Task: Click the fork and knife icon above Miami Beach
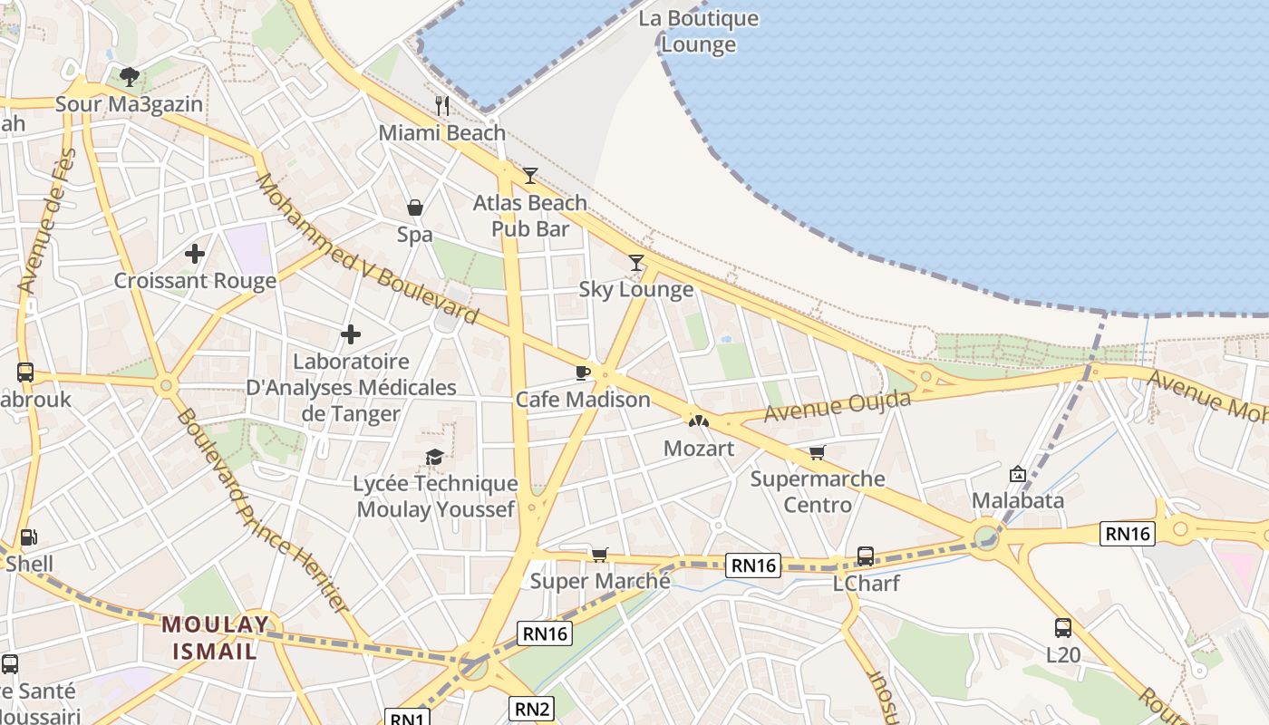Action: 442,105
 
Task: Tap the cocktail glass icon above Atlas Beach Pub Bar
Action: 530,175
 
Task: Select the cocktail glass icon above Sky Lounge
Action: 636,263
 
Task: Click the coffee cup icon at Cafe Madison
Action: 583,372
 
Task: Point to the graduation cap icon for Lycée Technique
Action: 435,457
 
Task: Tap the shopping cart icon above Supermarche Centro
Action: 818,452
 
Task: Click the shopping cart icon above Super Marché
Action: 599,554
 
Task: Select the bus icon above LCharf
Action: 866,556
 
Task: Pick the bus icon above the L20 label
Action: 1062,627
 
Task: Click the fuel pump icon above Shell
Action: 29,536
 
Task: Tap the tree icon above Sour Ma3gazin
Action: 130,76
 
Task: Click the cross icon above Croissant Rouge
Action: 195,254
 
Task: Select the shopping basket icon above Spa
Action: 415,208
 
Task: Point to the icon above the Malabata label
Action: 1018,473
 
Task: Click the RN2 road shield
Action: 531,708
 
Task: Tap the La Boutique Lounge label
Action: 698,31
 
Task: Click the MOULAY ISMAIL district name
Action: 216,637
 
